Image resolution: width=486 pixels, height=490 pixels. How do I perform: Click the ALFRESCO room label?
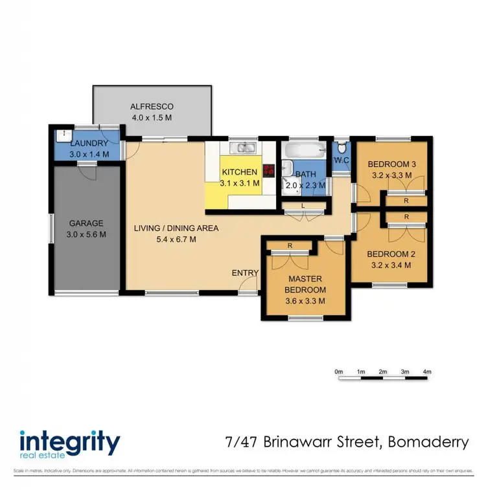pos(152,107)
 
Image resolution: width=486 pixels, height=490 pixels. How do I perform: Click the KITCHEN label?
pos(239,172)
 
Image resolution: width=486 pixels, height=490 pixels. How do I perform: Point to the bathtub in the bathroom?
pos(303,151)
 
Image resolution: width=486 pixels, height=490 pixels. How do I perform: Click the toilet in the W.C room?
pos(341,146)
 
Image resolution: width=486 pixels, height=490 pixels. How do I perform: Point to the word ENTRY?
pos(244,273)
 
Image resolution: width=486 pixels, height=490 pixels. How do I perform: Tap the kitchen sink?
pos(246,148)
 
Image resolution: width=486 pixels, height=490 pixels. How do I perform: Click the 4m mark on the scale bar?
pos(427,372)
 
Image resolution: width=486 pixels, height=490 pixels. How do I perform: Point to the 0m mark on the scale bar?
pos(338,372)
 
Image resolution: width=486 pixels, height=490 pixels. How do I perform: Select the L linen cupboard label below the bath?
pos(305,206)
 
